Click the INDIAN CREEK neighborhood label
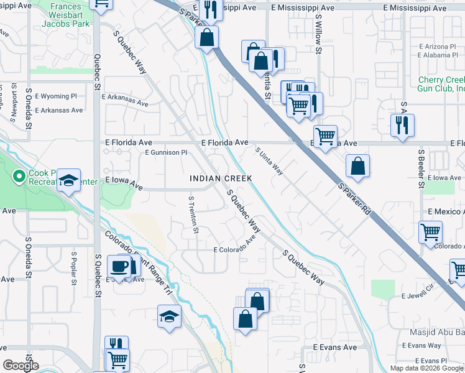point(221,178)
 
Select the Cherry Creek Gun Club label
point(441,85)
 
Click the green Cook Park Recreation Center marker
point(19,177)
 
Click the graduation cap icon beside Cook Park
point(69,181)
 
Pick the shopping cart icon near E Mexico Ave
point(430,233)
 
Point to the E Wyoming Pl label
point(56,97)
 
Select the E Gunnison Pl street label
point(165,152)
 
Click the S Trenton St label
point(194,215)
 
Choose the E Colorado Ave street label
point(235,246)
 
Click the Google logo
point(21,366)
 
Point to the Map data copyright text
point(426,368)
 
